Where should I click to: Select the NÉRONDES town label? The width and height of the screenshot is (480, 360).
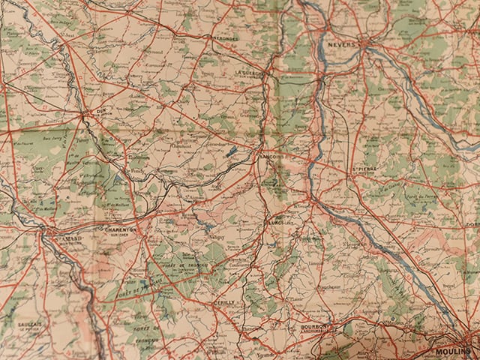coord(224,37)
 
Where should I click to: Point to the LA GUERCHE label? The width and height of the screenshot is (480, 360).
coord(249,73)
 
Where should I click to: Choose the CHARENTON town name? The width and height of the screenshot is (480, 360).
coord(120,230)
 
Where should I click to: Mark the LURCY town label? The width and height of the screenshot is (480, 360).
coord(274,222)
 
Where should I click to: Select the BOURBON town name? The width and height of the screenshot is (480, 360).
coord(316,327)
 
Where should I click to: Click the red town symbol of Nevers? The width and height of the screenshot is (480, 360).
coord(364,44)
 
